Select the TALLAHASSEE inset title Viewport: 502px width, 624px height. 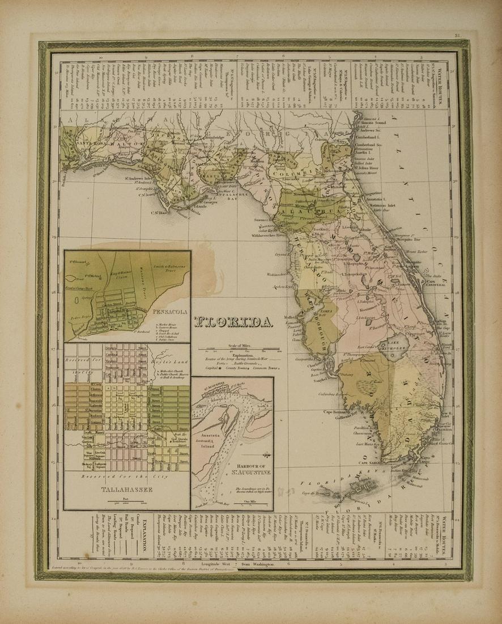click(x=126, y=489)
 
